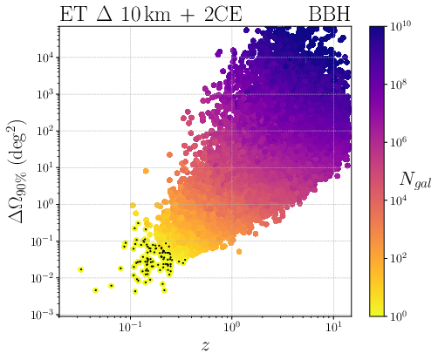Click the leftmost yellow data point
coord(81,269)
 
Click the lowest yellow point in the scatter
coord(95,289)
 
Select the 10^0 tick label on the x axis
coord(231,329)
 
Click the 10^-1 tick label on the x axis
coord(131,329)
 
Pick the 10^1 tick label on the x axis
coord(332,329)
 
